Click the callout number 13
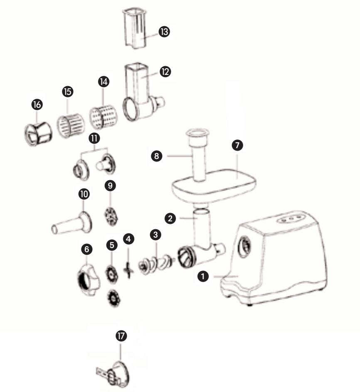(x=164, y=32)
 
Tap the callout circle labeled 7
(x=237, y=145)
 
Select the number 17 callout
(x=121, y=336)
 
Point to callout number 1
(x=203, y=276)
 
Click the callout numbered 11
(x=94, y=138)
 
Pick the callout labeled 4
(x=128, y=239)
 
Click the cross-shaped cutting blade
(x=128, y=270)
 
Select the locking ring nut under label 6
(x=88, y=280)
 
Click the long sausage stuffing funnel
(x=72, y=223)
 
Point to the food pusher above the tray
(x=198, y=155)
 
